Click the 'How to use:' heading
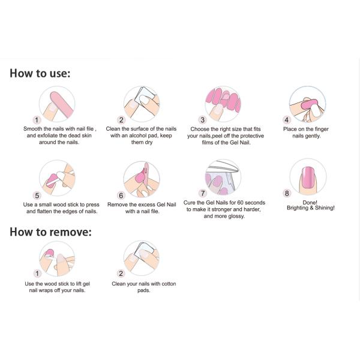pos(40,73)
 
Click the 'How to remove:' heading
pos(50,232)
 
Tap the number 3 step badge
pos(203,120)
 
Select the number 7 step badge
pos(203,193)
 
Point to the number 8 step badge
pos(287,193)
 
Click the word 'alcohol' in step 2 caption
pos(139,136)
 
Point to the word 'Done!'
pos(310,203)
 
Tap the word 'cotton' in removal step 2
pos(169,284)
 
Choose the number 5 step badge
pos(37,196)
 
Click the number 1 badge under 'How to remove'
pos(37,274)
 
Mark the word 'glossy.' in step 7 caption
pos(235,216)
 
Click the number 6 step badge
pos(121,196)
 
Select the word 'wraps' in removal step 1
pos(46,290)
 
